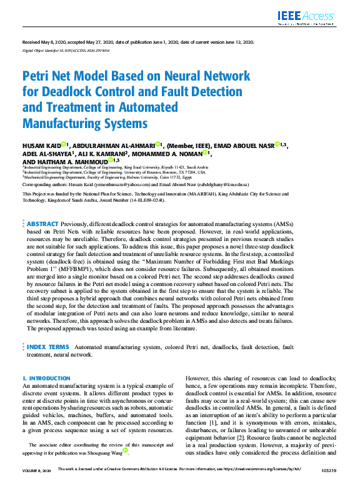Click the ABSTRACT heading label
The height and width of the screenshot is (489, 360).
(x=42, y=224)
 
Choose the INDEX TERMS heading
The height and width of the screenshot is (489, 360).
(x=47, y=346)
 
